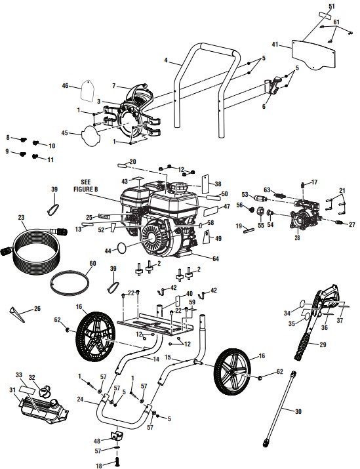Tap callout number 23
point(21,217)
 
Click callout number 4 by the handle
point(167,61)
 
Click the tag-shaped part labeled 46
point(89,89)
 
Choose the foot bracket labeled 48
point(118,436)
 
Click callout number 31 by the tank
point(10,391)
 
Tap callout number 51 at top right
point(332,6)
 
